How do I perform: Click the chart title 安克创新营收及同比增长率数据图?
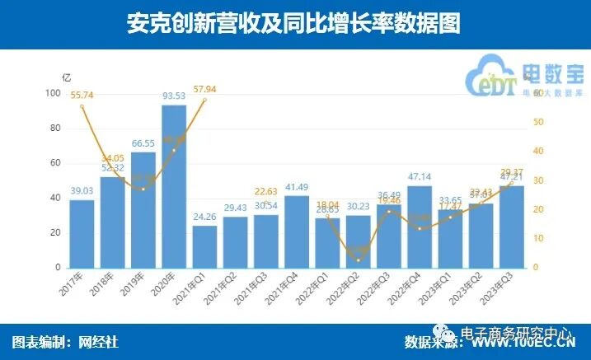[x=294, y=24]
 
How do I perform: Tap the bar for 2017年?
[x=82, y=234]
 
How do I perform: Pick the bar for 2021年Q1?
[x=204, y=246]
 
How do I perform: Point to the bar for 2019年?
[x=143, y=209]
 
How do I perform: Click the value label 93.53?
[x=174, y=96]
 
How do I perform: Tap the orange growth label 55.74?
[x=82, y=96]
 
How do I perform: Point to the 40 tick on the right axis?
[x=538, y=152]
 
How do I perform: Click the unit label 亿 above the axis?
[x=66, y=77]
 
